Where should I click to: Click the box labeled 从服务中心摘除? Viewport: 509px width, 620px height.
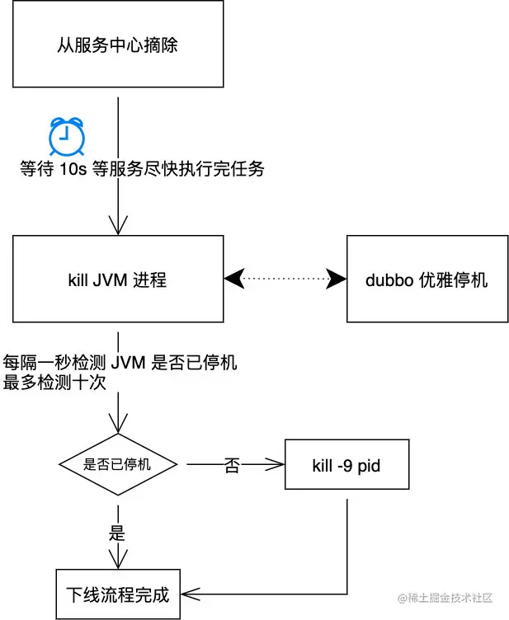(x=118, y=44)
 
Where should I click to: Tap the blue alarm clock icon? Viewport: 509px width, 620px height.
(x=67, y=136)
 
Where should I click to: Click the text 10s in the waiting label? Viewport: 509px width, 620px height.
(x=73, y=169)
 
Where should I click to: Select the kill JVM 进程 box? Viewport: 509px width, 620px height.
(x=118, y=279)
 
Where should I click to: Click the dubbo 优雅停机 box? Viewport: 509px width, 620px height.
(x=427, y=279)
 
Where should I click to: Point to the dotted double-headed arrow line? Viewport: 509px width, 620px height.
(x=285, y=279)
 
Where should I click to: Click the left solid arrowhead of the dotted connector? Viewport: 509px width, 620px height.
(x=234, y=279)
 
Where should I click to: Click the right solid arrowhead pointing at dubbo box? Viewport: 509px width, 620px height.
(x=336, y=279)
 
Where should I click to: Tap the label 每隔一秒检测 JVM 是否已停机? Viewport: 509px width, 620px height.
(x=120, y=362)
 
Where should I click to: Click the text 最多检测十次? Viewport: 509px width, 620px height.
(x=54, y=383)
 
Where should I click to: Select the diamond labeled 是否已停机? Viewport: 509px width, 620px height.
(x=118, y=464)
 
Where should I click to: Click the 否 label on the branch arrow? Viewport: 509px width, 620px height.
(x=232, y=465)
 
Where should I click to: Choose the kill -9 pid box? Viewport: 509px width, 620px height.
(x=346, y=464)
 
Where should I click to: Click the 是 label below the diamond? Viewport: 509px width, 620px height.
(x=117, y=533)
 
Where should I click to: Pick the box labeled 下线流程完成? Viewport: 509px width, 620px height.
(x=118, y=594)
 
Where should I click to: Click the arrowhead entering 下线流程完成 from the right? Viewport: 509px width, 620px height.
(x=191, y=594)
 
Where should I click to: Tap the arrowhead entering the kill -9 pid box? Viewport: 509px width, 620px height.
(x=275, y=465)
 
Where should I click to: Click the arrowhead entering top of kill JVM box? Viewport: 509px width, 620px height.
(x=118, y=225)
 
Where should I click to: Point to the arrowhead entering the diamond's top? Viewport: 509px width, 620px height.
(x=118, y=424)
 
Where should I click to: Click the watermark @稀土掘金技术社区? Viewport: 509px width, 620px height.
(x=445, y=598)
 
